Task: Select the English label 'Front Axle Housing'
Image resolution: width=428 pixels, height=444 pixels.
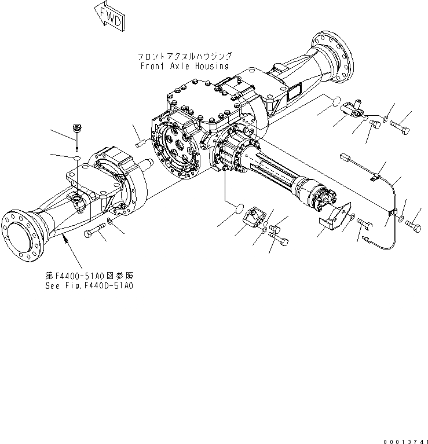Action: (x=184, y=66)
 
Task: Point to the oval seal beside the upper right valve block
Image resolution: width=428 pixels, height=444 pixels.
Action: (x=332, y=102)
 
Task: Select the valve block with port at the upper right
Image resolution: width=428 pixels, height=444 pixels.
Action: (x=354, y=108)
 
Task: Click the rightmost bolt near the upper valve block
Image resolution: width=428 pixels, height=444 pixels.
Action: (x=400, y=124)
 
